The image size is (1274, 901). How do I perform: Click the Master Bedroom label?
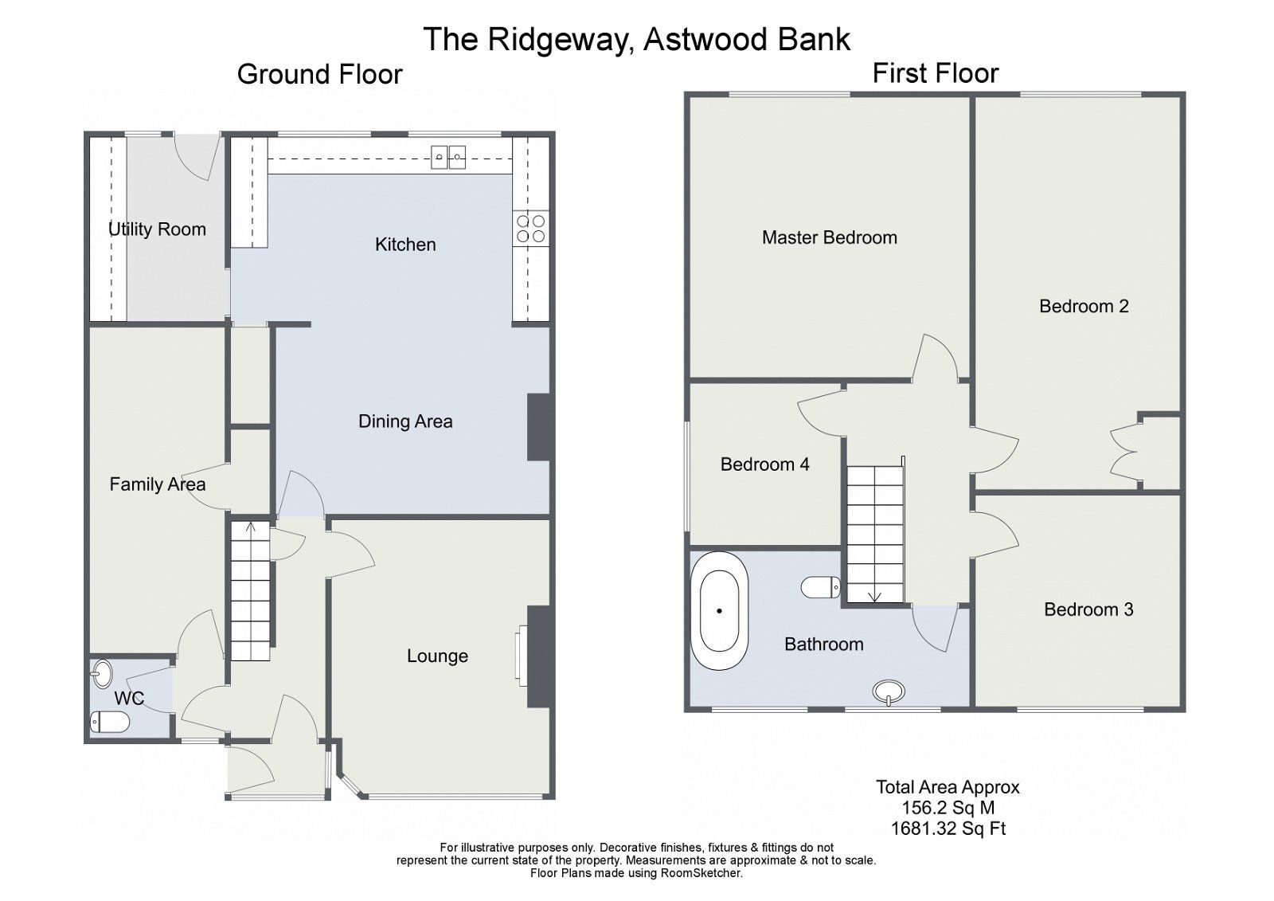(829, 237)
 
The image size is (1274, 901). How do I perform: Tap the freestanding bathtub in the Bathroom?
(719, 610)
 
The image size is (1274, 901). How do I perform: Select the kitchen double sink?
(448, 157)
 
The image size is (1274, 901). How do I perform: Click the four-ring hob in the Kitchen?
(531, 229)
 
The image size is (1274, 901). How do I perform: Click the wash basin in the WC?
(102, 673)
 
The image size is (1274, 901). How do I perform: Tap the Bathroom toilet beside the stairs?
(820, 588)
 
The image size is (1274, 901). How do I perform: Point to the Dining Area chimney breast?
(539, 427)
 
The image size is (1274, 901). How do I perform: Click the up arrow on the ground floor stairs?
(251, 527)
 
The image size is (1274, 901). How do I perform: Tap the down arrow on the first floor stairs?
(874, 595)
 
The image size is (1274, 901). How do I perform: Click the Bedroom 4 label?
(764, 464)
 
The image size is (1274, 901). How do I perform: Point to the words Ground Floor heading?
(319, 75)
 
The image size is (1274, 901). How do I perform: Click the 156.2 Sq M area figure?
(948, 808)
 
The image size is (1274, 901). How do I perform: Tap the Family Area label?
(157, 484)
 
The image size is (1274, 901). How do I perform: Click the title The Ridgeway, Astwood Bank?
(636, 39)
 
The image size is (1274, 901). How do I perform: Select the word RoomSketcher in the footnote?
(701, 873)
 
